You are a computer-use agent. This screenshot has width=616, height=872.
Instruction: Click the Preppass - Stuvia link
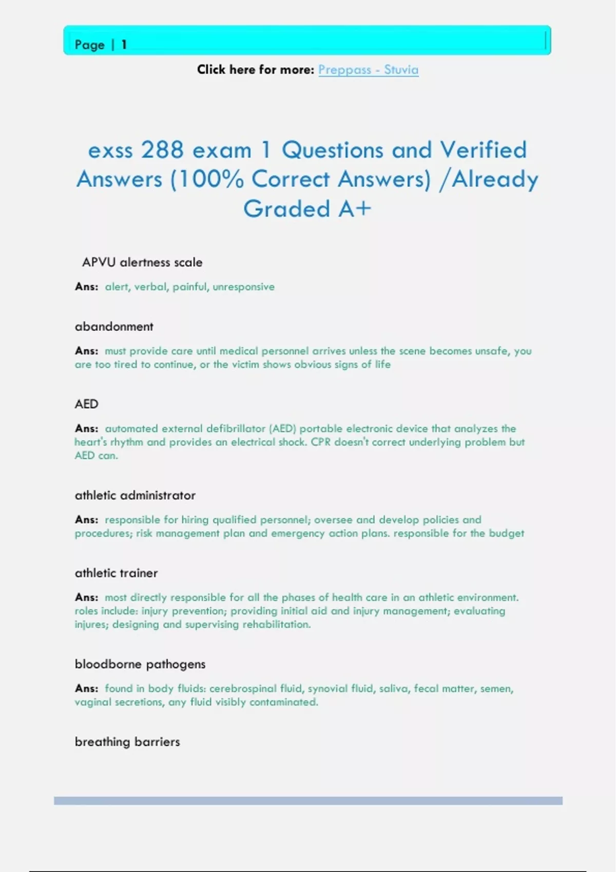point(368,70)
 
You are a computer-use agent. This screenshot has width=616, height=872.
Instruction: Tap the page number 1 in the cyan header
point(124,45)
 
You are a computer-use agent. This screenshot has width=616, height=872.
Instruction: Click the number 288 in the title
point(162,150)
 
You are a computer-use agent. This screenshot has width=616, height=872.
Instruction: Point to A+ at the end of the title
point(354,209)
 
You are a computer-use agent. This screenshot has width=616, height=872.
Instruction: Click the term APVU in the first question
point(99,263)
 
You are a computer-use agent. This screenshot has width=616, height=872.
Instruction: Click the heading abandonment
point(114,327)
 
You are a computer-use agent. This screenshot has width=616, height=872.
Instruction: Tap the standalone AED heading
point(86,404)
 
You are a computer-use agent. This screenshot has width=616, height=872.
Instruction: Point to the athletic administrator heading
point(135,496)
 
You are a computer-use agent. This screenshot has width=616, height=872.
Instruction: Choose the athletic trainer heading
point(116,573)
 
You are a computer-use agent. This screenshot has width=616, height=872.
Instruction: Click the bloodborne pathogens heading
point(140,664)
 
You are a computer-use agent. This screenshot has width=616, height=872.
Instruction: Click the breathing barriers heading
point(127,742)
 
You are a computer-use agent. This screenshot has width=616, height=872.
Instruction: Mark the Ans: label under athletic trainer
point(86,598)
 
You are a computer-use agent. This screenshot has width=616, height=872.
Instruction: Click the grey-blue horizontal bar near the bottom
point(308,801)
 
